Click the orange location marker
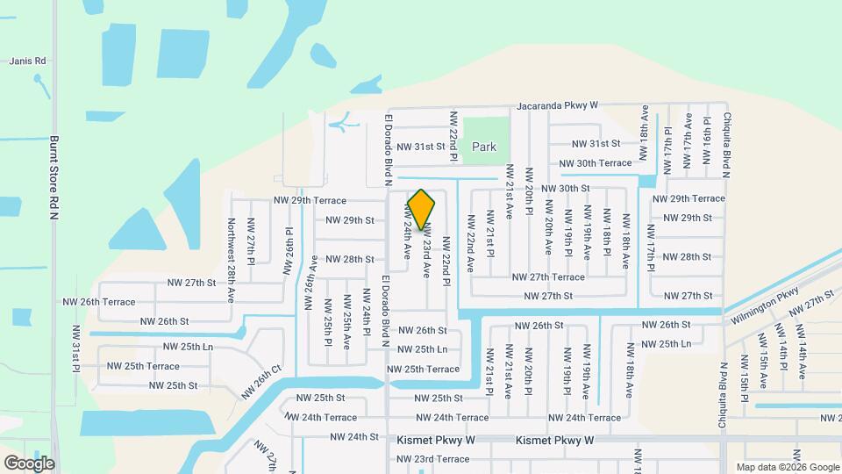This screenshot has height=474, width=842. [421, 209]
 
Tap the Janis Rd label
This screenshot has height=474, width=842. [27, 61]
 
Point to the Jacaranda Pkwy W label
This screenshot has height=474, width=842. [557, 104]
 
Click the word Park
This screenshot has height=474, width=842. [484, 147]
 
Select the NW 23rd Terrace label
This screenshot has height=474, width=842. [430, 458]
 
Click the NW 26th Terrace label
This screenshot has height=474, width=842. [99, 302]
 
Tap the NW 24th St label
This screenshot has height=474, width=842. [354, 436]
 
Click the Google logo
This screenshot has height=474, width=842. [29, 463]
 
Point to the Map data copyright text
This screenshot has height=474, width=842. [788, 467]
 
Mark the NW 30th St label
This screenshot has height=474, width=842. [565, 189]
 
